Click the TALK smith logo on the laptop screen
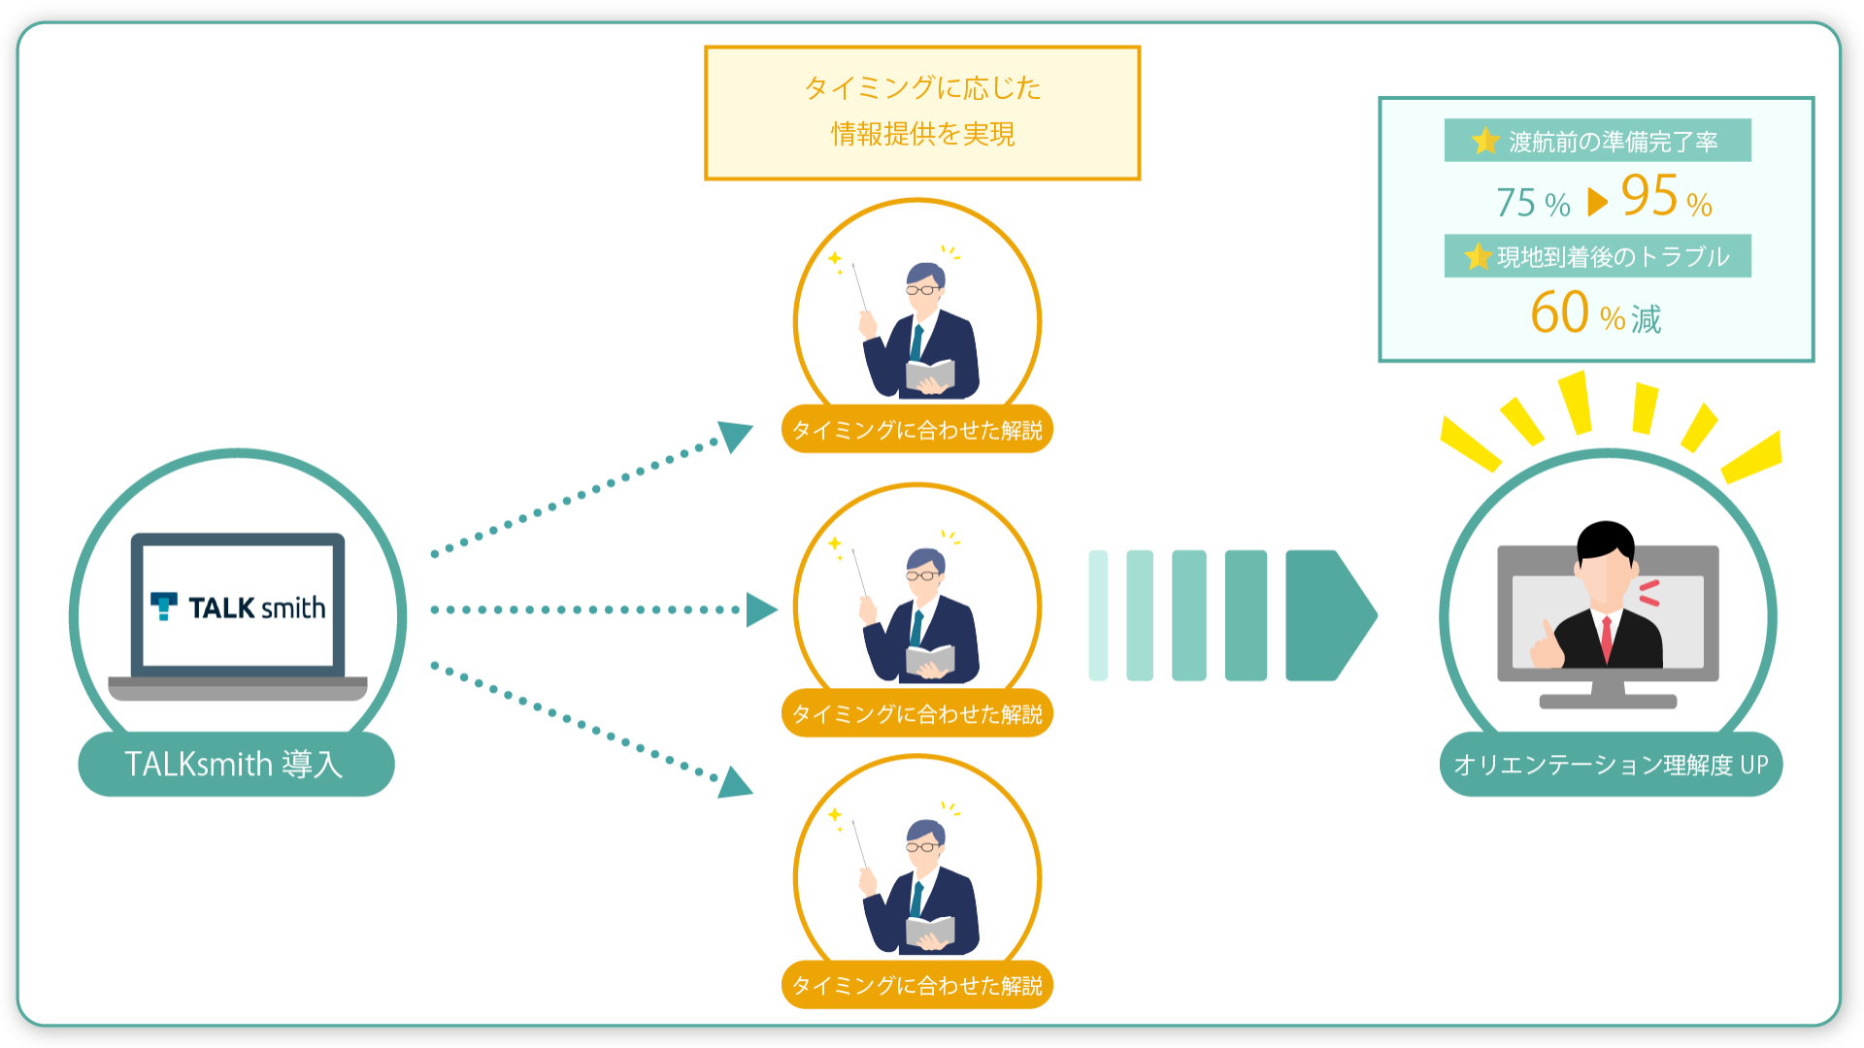[238, 606]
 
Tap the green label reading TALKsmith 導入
[236, 764]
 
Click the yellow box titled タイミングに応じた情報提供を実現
[922, 113]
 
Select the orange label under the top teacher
[917, 429]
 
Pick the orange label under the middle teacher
[917, 713]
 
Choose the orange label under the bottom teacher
[917, 985]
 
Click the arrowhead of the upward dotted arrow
[735, 436]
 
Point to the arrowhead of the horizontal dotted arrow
[762, 609]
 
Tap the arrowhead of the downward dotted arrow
[735, 782]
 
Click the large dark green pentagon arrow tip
[1330, 615]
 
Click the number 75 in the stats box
[1515, 202]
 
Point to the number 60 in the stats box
[1559, 312]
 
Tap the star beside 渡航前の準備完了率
[1485, 141]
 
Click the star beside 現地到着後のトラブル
[1478, 256]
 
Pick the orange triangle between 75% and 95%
[1597, 202]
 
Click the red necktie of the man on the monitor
[1607, 639]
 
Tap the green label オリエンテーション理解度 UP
[1611, 765]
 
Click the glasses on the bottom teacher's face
[922, 847]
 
